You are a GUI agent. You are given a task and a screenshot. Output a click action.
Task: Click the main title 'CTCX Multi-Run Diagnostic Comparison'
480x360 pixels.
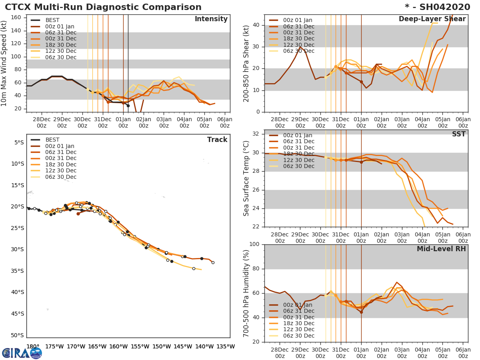pos(103,7)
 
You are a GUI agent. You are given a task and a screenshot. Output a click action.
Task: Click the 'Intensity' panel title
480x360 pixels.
pos(211,19)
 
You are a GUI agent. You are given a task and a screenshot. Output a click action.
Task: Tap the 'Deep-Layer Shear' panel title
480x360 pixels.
pos(432,19)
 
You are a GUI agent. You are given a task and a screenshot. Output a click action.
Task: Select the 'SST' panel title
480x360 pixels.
pos(459,134)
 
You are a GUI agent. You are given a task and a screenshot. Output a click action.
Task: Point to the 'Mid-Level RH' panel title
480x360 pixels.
pos(441,249)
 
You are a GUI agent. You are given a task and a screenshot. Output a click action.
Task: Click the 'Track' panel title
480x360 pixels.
pos(217,140)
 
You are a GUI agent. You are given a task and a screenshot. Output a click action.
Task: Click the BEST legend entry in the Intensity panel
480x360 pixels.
pos(52,20)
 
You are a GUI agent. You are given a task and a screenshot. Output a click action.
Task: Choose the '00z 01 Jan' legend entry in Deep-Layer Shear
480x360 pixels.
pos(298,20)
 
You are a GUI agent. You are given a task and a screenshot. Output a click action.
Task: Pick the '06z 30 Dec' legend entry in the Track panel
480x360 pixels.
pos(60,177)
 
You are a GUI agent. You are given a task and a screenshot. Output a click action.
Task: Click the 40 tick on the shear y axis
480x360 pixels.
pos(256,25)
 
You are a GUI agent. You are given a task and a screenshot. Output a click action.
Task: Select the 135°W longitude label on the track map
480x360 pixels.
pos(226,346)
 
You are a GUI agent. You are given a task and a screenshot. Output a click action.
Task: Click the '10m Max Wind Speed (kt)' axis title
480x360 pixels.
pos(5,64)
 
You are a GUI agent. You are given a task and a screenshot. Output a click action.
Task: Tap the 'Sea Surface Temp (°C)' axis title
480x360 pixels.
pos(246,178)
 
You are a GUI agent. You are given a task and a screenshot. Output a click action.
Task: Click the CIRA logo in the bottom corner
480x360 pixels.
pos(22,353)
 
